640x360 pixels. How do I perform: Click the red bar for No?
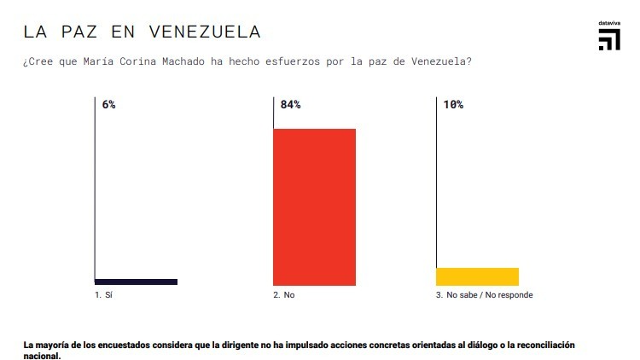314,206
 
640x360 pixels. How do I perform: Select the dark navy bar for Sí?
136,282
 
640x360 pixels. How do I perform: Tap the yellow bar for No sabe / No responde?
477,276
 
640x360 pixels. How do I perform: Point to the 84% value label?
290,105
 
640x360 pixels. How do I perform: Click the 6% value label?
108,105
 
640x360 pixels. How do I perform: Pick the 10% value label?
453,105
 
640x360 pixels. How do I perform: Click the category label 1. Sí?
103,295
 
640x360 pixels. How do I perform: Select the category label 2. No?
283,295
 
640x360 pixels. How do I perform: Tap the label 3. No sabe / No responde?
484,295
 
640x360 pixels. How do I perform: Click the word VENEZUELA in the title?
205,32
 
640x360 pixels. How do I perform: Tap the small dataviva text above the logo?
608,23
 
